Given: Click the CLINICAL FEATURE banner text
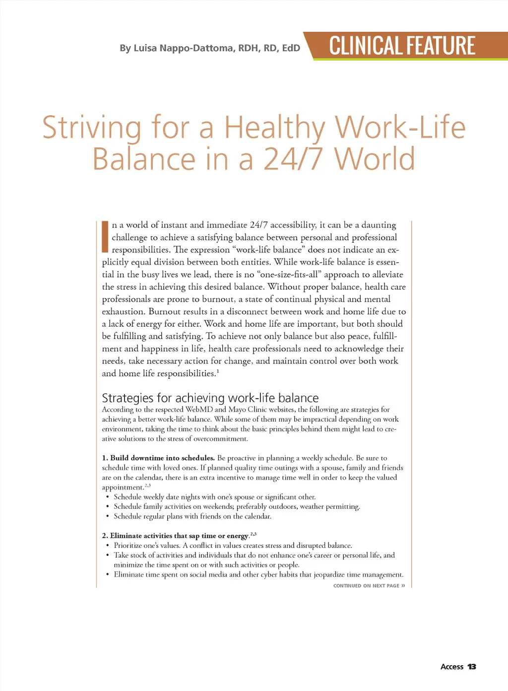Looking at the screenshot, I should (x=402, y=46).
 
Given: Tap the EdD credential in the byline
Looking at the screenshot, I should (x=291, y=48).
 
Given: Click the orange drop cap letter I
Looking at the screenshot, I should (x=105, y=237).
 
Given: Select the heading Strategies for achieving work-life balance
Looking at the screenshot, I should (x=210, y=398).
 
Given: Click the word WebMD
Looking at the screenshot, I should (x=199, y=410).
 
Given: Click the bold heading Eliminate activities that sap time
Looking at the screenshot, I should (x=175, y=536).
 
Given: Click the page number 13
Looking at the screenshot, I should (x=471, y=667).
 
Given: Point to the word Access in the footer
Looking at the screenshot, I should (x=451, y=667).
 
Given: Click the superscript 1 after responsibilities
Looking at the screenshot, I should (x=218, y=371).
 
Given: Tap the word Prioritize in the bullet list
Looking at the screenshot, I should (x=129, y=546).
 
